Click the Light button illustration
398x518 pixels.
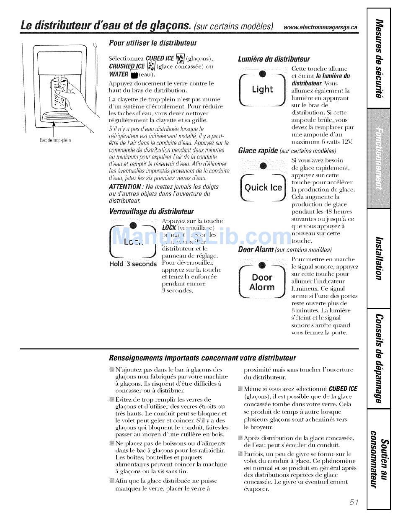tap(263, 89)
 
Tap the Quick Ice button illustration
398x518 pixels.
tap(264, 188)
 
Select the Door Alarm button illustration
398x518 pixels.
tap(262, 282)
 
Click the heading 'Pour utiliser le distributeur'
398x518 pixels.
tap(152, 43)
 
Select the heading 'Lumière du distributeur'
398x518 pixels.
tap(274, 59)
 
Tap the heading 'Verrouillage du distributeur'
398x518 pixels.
tap(151, 211)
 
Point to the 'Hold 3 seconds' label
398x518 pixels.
tap(132, 264)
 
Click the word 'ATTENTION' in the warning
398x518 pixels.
tap(124, 187)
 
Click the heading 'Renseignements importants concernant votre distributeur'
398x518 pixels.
tap(202, 358)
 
